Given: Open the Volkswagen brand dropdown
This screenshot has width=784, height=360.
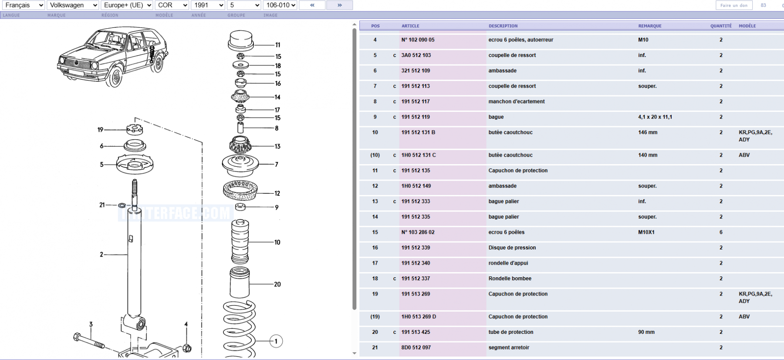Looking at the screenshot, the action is pyautogui.click(x=73, y=5).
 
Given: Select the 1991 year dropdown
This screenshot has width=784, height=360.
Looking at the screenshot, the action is pyautogui.click(x=208, y=5).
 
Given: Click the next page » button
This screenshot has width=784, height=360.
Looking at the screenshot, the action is pyautogui.click(x=339, y=5).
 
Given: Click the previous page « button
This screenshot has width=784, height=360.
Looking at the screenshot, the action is pyautogui.click(x=312, y=5).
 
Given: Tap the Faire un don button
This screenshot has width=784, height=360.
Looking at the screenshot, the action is pyautogui.click(x=734, y=5).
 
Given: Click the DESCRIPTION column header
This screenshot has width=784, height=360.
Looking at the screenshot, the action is pyautogui.click(x=503, y=26).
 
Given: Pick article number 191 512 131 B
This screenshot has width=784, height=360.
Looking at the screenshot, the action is pyautogui.click(x=418, y=132).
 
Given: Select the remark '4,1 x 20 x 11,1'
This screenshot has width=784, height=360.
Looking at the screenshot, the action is pyautogui.click(x=655, y=117).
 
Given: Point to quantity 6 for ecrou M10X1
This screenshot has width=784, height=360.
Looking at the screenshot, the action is pyautogui.click(x=721, y=232).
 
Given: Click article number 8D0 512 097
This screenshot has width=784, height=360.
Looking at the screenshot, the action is pyautogui.click(x=416, y=347).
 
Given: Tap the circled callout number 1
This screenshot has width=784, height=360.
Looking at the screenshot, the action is pyautogui.click(x=276, y=341).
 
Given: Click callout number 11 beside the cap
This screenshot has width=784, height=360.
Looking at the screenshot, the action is pyautogui.click(x=277, y=45).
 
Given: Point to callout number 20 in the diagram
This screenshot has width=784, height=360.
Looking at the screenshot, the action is pyautogui.click(x=277, y=284).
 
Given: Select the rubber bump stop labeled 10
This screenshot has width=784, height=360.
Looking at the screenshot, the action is pyautogui.click(x=240, y=242).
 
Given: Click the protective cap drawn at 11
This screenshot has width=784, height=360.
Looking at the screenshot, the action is pyautogui.click(x=241, y=40).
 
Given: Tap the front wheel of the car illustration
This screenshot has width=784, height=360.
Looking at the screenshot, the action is pyautogui.click(x=116, y=77).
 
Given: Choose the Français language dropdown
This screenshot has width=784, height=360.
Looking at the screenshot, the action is pyautogui.click(x=23, y=5).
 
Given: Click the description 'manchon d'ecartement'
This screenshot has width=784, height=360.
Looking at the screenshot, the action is pyautogui.click(x=517, y=101).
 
